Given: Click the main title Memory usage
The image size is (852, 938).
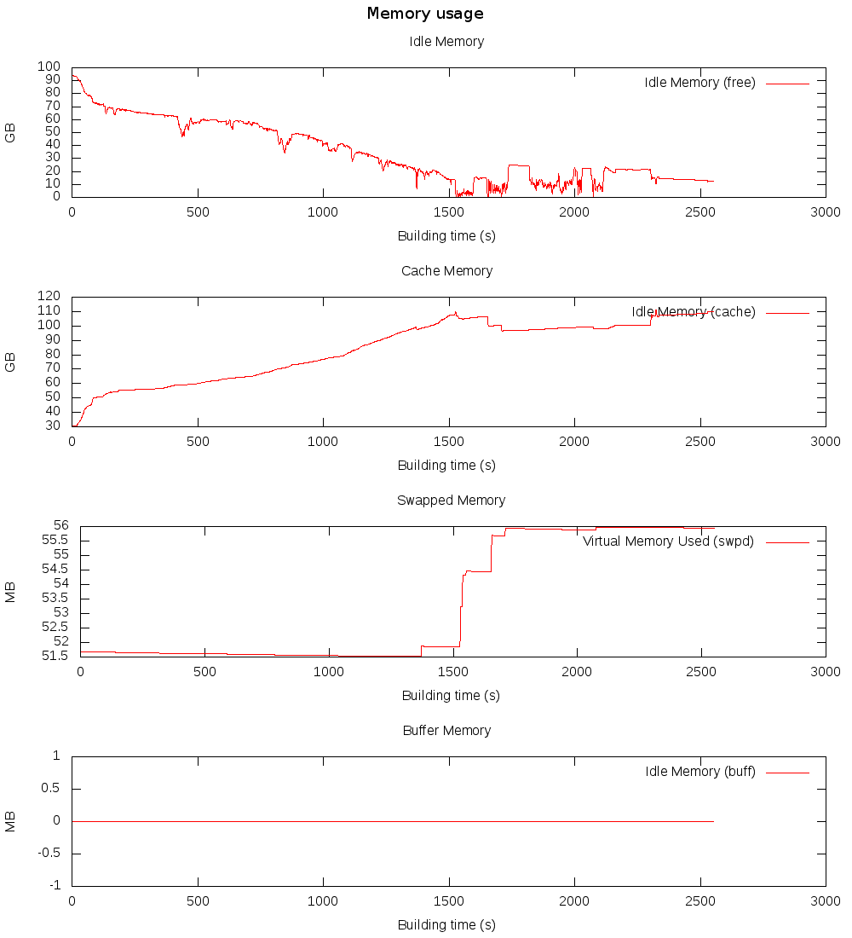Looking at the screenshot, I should click(425, 14).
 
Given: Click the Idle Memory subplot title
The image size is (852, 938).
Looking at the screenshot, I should click(446, 42).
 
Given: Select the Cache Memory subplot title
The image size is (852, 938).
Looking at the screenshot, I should click(446, 271).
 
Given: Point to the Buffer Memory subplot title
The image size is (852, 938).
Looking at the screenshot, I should click(446, 731).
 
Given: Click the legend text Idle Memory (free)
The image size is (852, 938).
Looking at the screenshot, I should click(699, 83).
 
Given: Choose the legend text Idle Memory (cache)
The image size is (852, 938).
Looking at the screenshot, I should click(694, 312).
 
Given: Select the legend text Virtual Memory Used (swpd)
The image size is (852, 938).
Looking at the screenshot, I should click(668, 541).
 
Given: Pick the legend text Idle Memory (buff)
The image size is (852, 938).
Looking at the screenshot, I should click(700, 772).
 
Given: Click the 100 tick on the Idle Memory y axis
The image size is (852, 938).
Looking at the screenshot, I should click(49, 67).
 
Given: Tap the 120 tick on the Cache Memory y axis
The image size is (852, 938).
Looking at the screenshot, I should click(49, 296).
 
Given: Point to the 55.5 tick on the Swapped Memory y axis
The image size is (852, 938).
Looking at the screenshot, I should click(55, 541).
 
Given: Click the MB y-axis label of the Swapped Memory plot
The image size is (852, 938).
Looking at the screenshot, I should click(10, 591).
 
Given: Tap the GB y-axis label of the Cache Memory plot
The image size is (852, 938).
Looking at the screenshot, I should click(10, 362).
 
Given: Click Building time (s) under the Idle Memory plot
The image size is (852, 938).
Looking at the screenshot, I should click(446, 236).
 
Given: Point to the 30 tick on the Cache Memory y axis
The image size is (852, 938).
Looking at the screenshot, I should click(53, 426).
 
